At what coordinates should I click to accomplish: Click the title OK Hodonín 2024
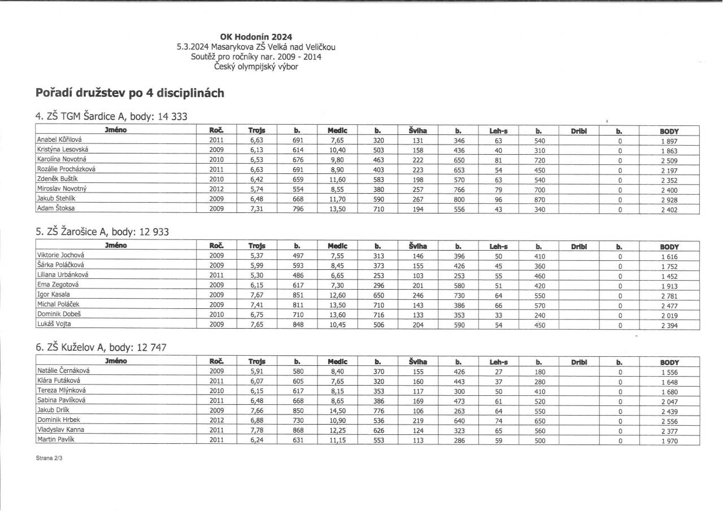256,37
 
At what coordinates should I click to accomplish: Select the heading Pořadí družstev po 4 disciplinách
130,93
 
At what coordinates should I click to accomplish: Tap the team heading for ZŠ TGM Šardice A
111,116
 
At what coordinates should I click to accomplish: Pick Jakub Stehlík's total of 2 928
669,200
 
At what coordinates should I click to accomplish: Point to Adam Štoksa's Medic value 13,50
337,209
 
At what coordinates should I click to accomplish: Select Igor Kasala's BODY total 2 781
669,295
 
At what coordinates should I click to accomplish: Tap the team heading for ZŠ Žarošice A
102,232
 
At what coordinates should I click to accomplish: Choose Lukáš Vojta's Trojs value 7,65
257,325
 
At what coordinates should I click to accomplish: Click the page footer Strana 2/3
49,459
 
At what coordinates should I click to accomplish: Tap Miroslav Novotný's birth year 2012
217,189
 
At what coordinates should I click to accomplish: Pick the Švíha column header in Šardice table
418,130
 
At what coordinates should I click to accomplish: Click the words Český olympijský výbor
256,67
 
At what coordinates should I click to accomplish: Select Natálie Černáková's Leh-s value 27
498,372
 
